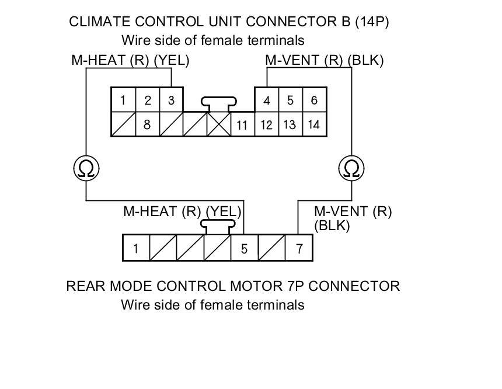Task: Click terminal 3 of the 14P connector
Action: [x=171, y=100]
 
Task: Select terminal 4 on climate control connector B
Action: [x=267, y=100]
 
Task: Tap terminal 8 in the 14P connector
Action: [x=147, y=124]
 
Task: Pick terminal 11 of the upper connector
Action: [x=242, y=125]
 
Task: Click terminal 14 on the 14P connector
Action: [x=314, y=124]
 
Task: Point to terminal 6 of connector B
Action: [x=314, y=100]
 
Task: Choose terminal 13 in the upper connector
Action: [x=290, y=124]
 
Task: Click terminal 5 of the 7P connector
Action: [x=244, y=249]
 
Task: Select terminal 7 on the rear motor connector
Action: [x=299, y=249]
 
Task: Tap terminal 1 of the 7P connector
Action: [x=135, y=249]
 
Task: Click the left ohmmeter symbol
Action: [x=86, y=169]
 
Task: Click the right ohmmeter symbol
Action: [x=351, y=169]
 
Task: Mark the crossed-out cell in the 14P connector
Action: [x=219, y=124]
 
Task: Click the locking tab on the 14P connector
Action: [x=218, y=103]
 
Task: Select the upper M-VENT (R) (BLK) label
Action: [x=324, y=60]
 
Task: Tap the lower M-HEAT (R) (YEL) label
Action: [x=182, y=211]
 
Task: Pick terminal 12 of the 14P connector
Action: [x=267, y=124]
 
